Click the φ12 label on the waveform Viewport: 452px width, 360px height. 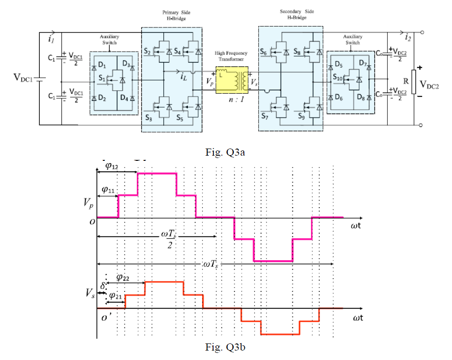pyautogui.click(x=112, y=166)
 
